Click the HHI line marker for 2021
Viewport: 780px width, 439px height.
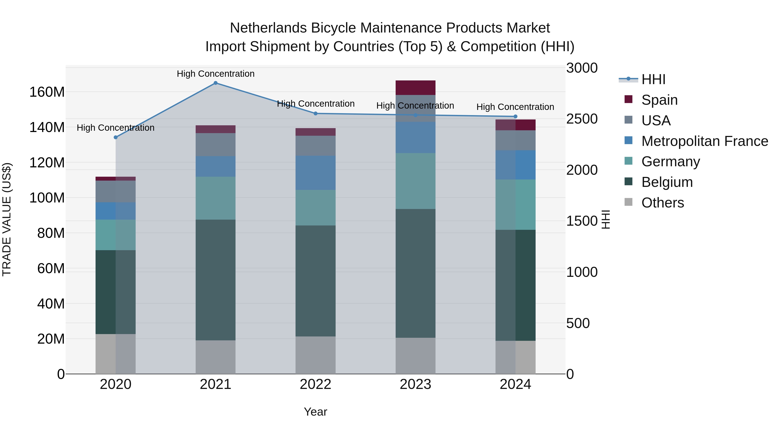click(x=215, y=83)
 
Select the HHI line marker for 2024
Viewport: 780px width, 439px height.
click(x=515, y=116)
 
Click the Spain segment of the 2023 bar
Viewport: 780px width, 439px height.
click(x=415, y=88)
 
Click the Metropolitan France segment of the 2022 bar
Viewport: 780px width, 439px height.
click(x=315, y=173)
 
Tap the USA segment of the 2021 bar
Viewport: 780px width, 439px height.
click(x=215, y=145)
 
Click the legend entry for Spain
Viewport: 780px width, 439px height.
click(x=659, y=100)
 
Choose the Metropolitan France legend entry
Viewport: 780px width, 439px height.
click(x=704, y=141)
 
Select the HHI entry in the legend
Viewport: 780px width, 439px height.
click(x=653, y=79)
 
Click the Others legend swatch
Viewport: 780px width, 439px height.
click(x=628, y=202)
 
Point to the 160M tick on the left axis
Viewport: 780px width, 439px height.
click(x=47, y=92)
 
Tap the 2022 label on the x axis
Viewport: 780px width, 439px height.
click(x=315, y=384)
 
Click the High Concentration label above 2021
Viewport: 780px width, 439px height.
click(x=215, y=74)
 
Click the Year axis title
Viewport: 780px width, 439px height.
click(x=315, y=412)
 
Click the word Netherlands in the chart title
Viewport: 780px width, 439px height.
click(x=268, y=28)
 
